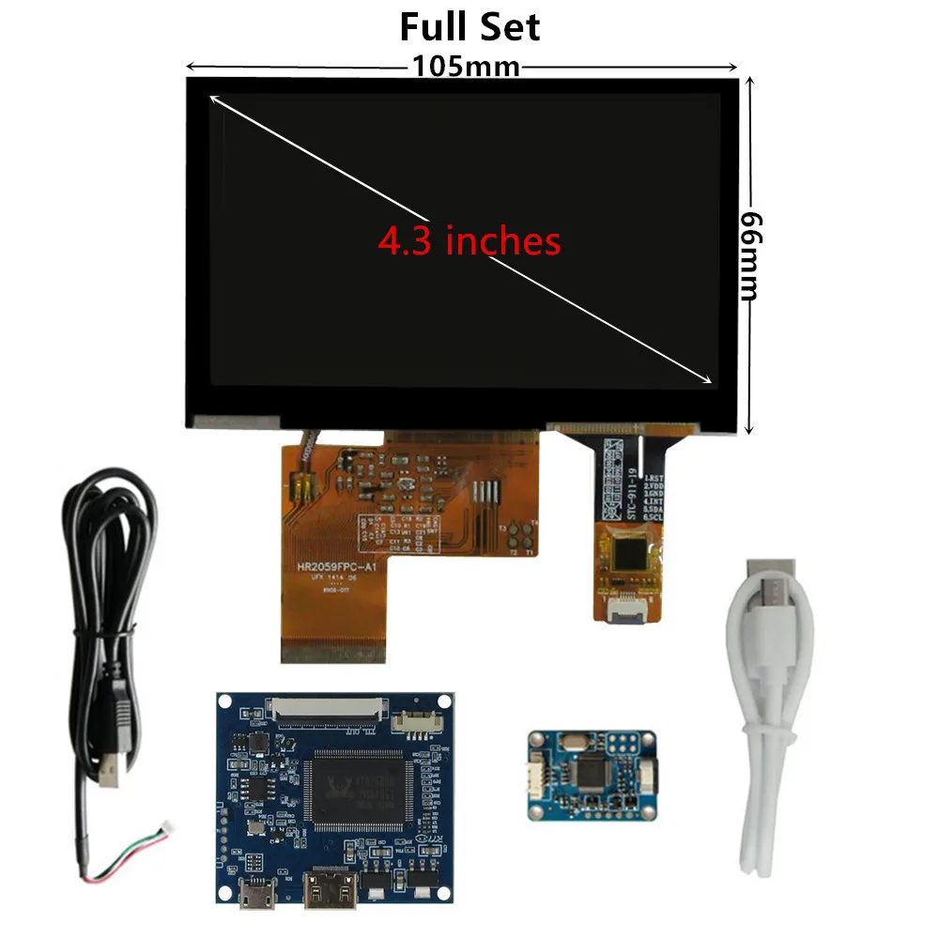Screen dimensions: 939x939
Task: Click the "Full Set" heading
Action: (469, 26)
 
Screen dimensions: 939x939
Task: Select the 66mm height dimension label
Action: (748, 254)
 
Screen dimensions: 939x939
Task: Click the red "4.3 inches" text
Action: (469, 241)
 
